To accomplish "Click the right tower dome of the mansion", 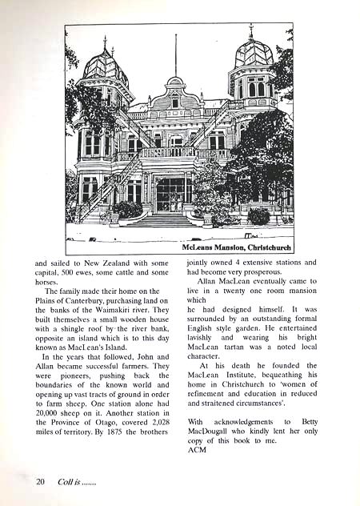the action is (x=254, y=53).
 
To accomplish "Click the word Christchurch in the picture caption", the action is (x=262, y=248).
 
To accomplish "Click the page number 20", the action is (x=40, y=481).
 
